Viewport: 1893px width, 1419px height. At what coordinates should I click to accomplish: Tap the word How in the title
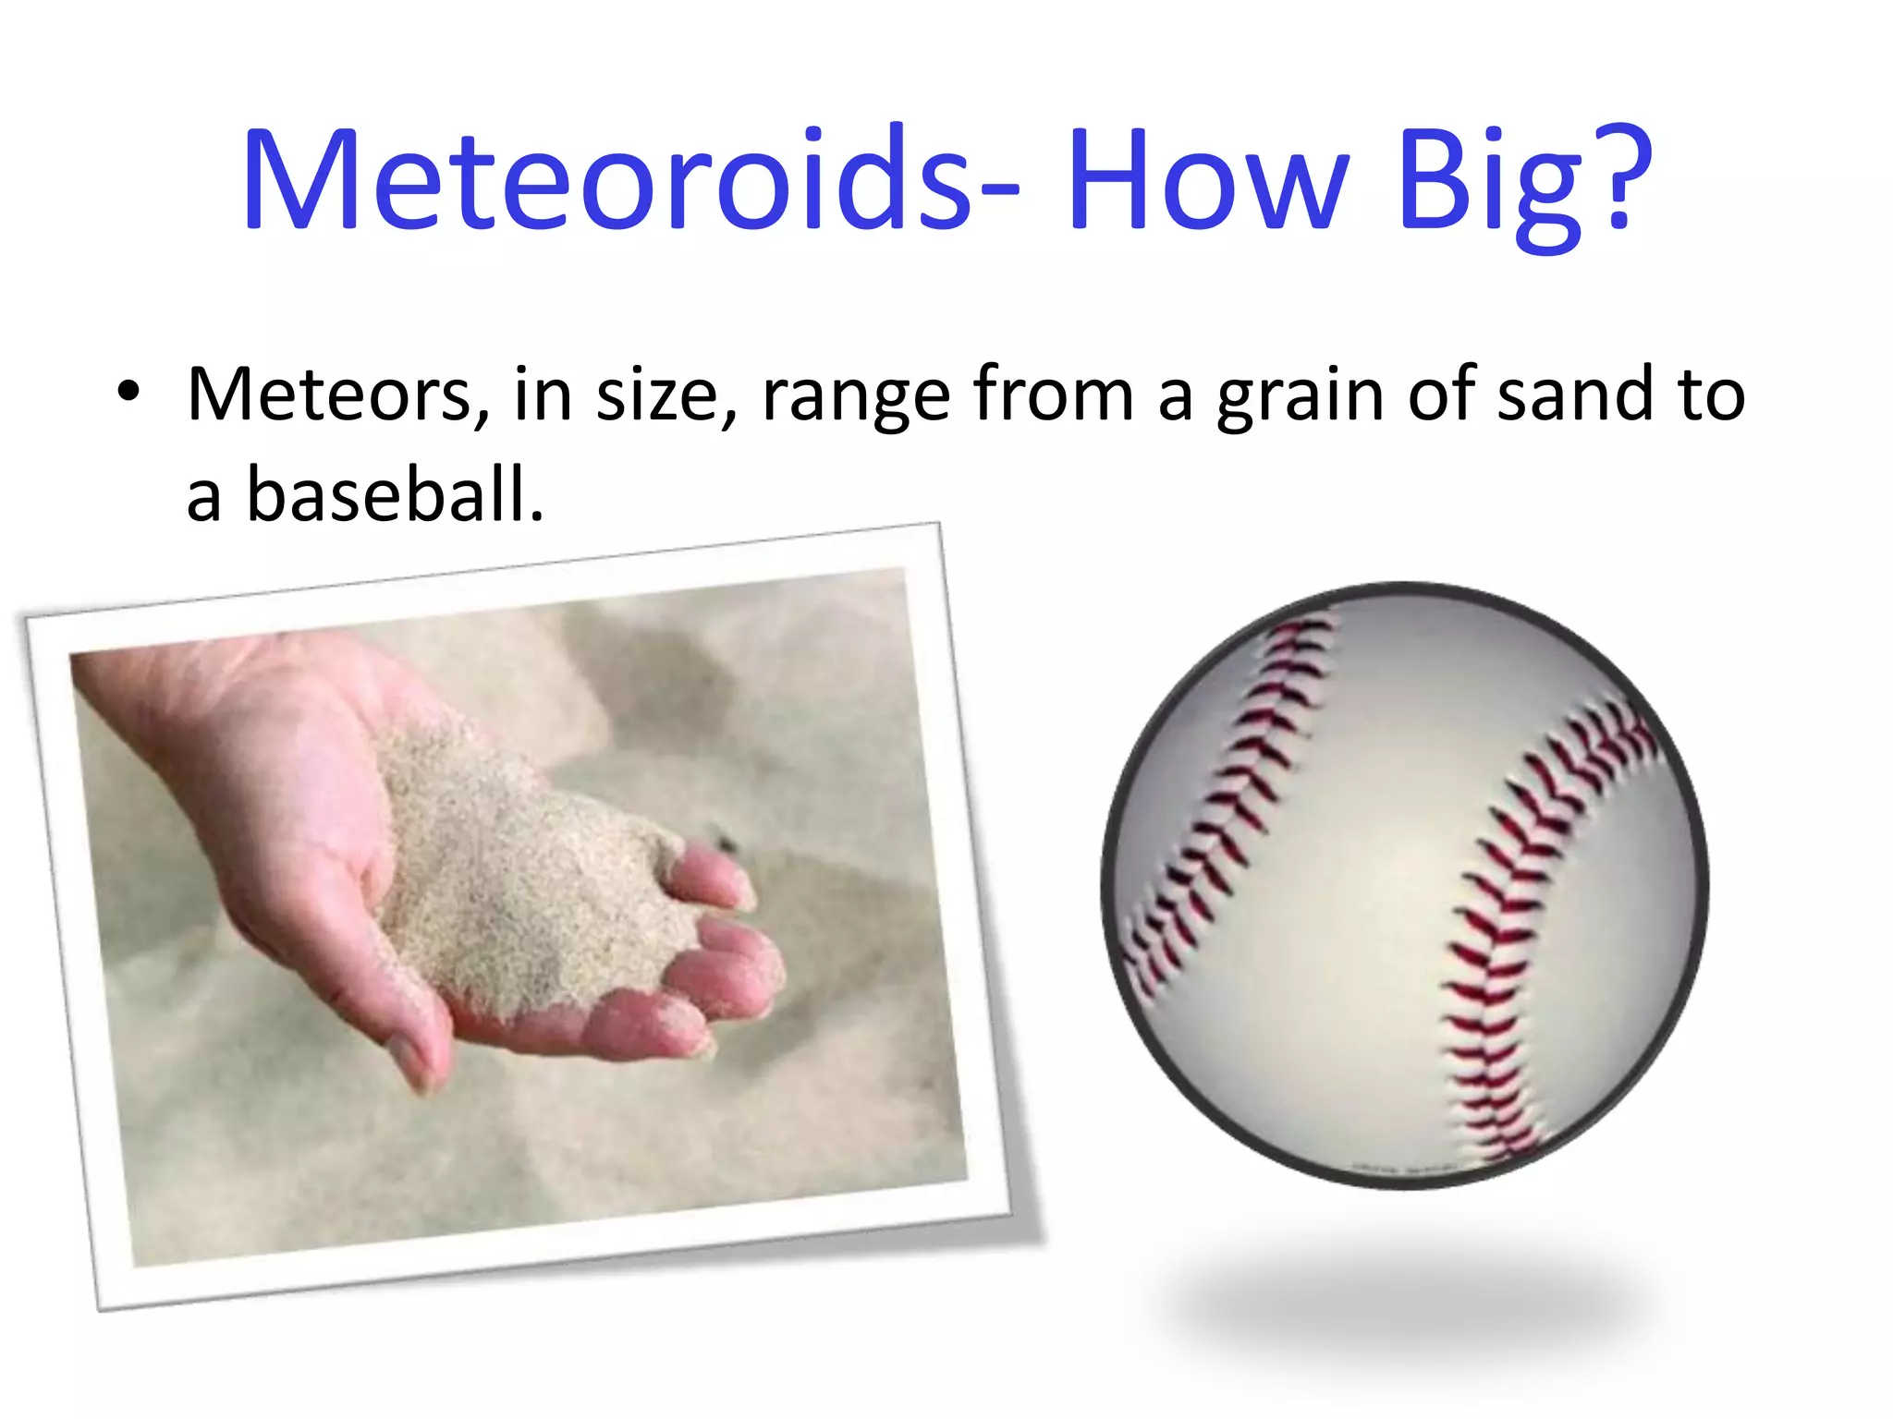tap(1207, 180)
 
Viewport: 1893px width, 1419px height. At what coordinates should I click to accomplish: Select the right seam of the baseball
tap(1516, 924)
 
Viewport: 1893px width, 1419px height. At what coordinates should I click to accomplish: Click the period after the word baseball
tap(537, 517)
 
